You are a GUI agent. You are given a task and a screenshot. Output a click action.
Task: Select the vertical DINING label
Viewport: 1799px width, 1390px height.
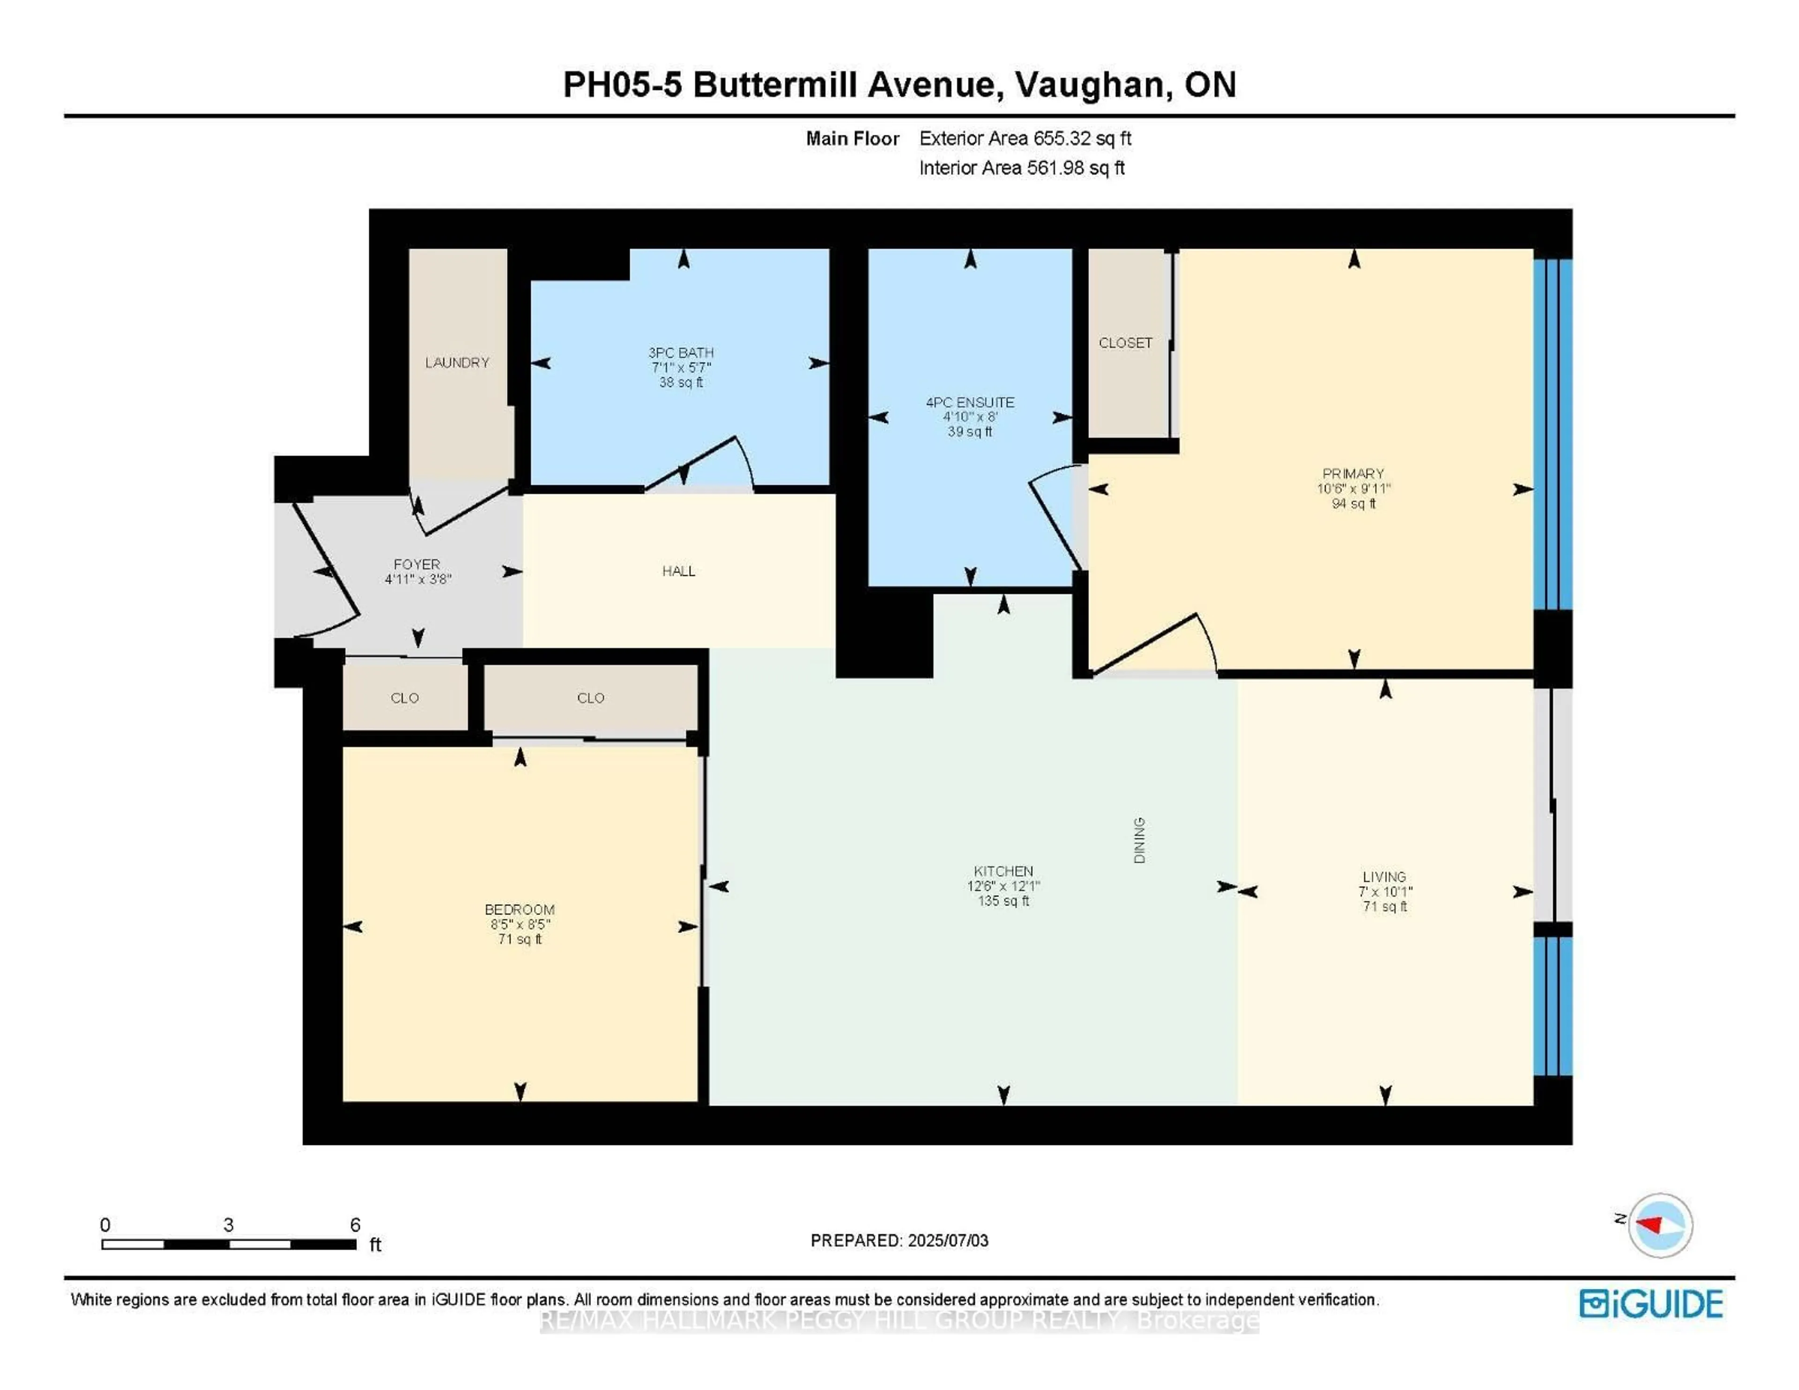click(1139, 840)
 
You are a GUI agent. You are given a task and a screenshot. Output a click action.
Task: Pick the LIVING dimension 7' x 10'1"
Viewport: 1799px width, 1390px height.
click(1385, 891)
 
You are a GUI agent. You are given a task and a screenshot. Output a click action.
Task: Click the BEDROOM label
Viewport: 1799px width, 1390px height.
click(519, 910)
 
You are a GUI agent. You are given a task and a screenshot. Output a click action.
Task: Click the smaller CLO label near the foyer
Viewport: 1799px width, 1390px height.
click(404, 698)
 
